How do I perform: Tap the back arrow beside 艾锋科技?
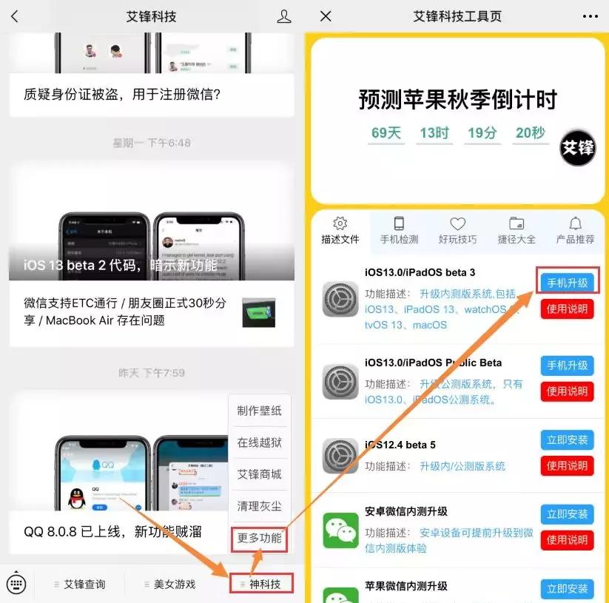(x=15, y=16)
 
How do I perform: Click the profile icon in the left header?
(x=284, y=16)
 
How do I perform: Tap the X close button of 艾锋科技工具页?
(x=326, y=16)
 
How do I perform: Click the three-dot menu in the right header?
(x=590, y=16)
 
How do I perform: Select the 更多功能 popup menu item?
(x=259, y=538)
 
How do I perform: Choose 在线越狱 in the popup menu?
(x=259, y=442)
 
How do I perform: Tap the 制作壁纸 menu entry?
(x=259, y=411)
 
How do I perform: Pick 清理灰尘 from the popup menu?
(x=259, y=506)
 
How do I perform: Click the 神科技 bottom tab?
(x=263, y=584)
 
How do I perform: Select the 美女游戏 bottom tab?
(x=173, y=584)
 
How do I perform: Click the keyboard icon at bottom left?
(x=16, y=584)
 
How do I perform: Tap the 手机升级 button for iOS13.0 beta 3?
(x=567, y=283)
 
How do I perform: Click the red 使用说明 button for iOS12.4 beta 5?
(x=567, y=466)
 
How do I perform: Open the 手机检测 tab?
(x=399, y=230)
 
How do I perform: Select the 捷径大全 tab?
(x=517, y=230)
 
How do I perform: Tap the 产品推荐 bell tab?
(x=575, y=230)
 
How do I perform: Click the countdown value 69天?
(x=386, y=134)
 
